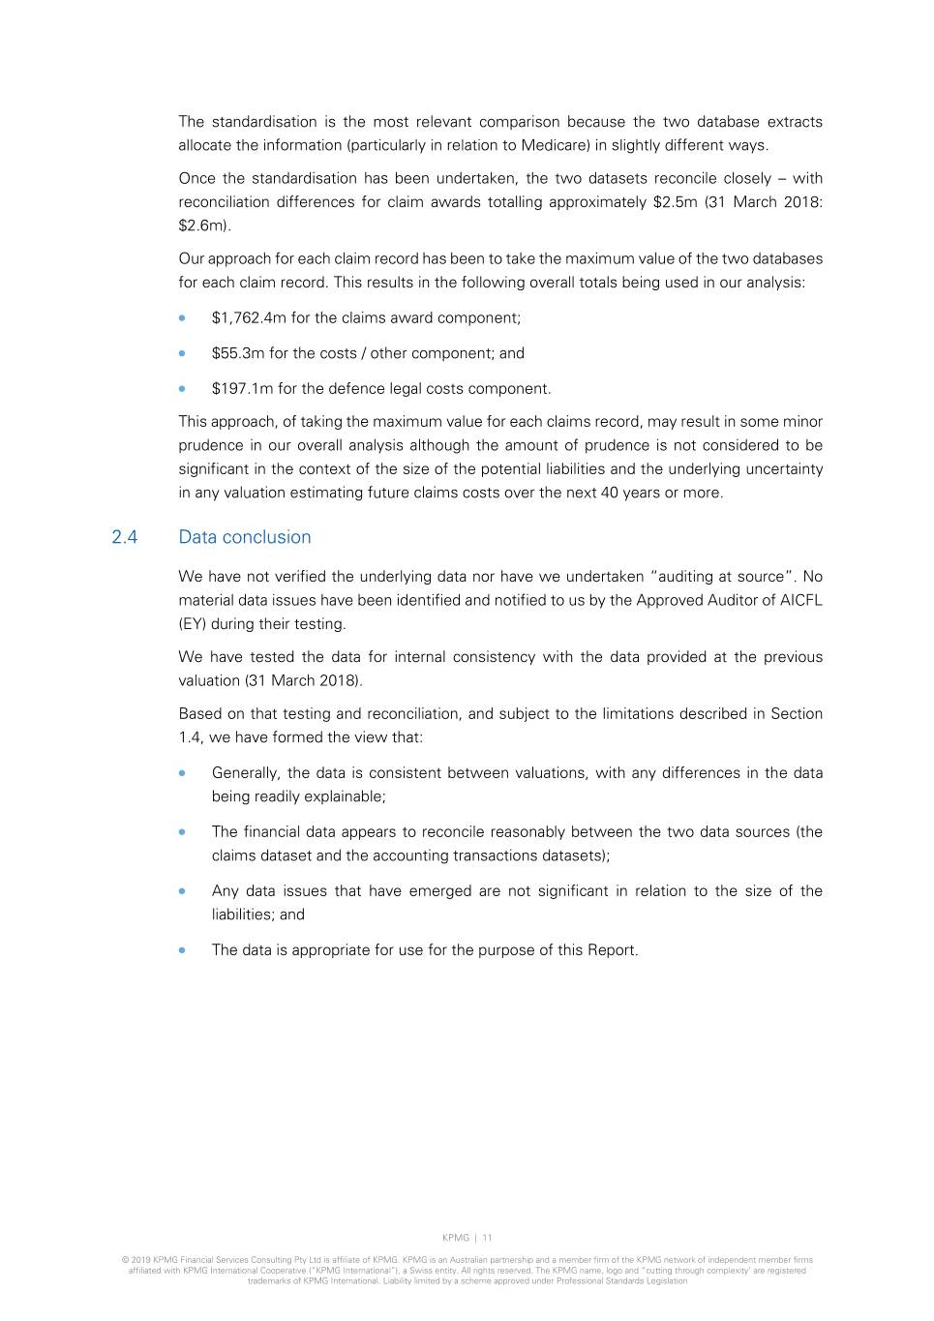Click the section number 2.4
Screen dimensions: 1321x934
[125, 537]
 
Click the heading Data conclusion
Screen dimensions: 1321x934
[245, 537]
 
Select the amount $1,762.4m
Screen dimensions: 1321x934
[244, 318]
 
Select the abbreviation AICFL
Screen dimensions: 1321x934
[800, 600]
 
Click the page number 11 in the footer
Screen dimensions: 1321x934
[487, 1238]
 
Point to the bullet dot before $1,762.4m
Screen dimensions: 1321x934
[182, 318]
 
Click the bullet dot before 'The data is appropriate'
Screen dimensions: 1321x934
[182, 950]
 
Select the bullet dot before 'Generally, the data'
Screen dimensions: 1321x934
[182, 773]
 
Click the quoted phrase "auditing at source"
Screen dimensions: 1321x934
[721, 577]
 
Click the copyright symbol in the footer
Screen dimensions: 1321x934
[125, 1260]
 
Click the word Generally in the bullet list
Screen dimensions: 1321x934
[245, 773]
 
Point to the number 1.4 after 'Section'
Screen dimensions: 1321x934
[190, 737]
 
